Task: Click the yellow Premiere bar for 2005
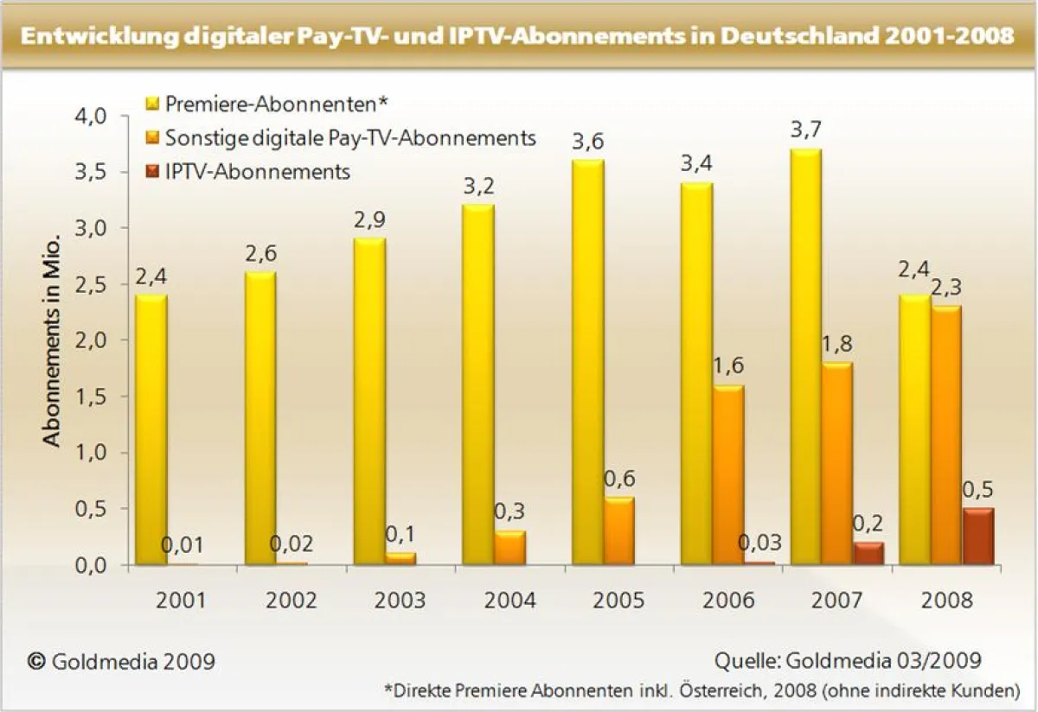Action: click(588, 363)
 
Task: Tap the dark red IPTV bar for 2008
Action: click(978, 536)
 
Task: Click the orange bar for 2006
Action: click(729, 474)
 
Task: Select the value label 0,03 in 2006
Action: click(759, 544)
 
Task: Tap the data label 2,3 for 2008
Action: click(947, 286)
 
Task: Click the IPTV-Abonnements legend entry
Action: click(257, 171)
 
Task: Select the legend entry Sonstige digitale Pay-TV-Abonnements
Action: click(350, 137)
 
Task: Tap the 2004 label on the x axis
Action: click(510, 600)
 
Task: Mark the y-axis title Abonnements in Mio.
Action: click(52, 340)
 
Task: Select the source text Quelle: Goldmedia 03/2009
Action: click(848, 661)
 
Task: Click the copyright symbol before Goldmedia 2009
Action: click(36, 661)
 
